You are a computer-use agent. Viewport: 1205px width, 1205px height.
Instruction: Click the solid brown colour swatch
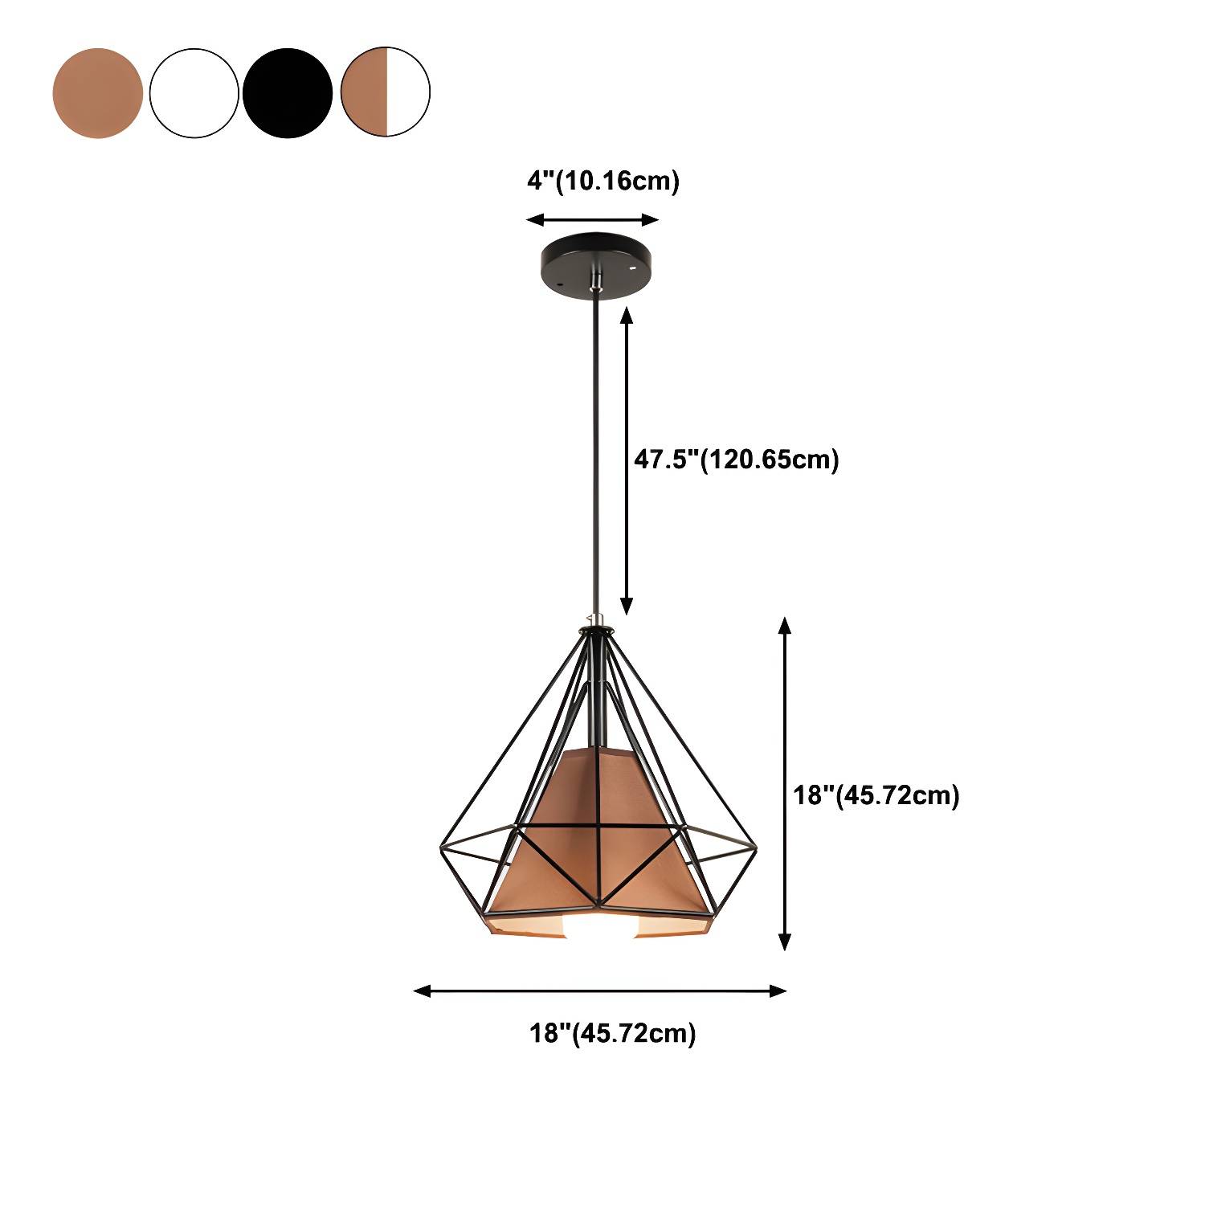pyautogui.click(x=97, y=92)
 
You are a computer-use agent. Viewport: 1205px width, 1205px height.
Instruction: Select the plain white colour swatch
pyautogui.click(x=194, y=92)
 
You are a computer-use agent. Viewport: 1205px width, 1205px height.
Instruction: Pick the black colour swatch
pyautogui.click(x=288, y=92)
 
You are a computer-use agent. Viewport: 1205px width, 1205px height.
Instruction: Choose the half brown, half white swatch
pyautogui.click(x=386, y=92)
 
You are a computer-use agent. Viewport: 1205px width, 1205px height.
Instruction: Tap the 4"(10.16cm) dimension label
pyautogui.click(x=603, y=182)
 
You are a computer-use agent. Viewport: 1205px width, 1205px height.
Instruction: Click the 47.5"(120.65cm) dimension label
pyautogui.click(x=737, y=460)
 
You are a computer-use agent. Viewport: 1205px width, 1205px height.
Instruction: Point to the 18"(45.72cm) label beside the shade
pyautogui.click(x=876, y=795)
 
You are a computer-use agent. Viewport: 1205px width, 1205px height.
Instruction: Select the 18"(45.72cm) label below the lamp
pyautogui.click(x=612, y=1033)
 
